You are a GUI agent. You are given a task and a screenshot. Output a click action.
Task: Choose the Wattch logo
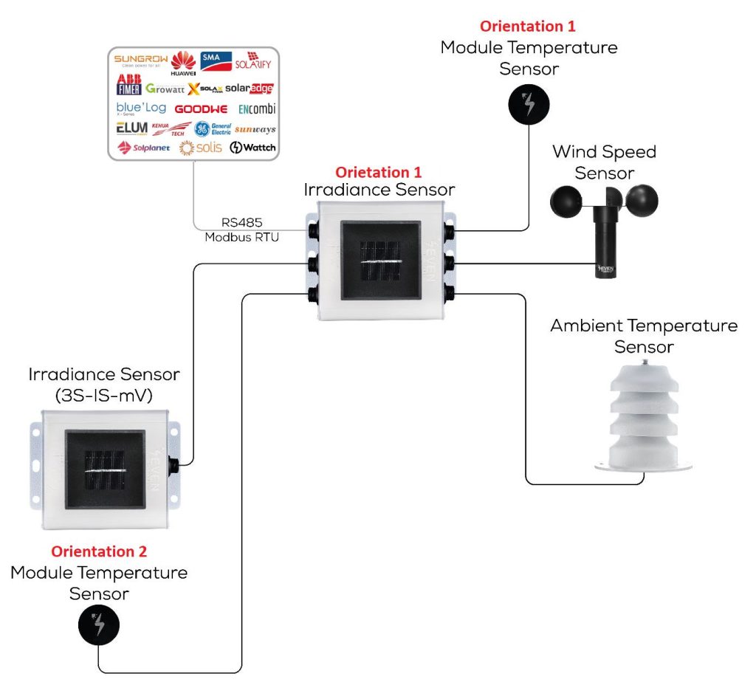pos(252,148)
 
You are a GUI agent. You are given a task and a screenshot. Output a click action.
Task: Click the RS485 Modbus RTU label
pos(242,229)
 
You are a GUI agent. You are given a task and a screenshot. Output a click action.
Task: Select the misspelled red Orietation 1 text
pos(379,173)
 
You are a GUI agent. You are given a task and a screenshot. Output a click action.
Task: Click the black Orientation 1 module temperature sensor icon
pos(529,105)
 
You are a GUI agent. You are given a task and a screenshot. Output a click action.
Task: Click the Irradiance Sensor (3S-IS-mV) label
pos(103,384)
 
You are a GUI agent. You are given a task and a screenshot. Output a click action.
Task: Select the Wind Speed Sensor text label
pos(604,162)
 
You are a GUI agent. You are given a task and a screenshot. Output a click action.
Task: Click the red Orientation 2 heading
pos(99,551)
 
